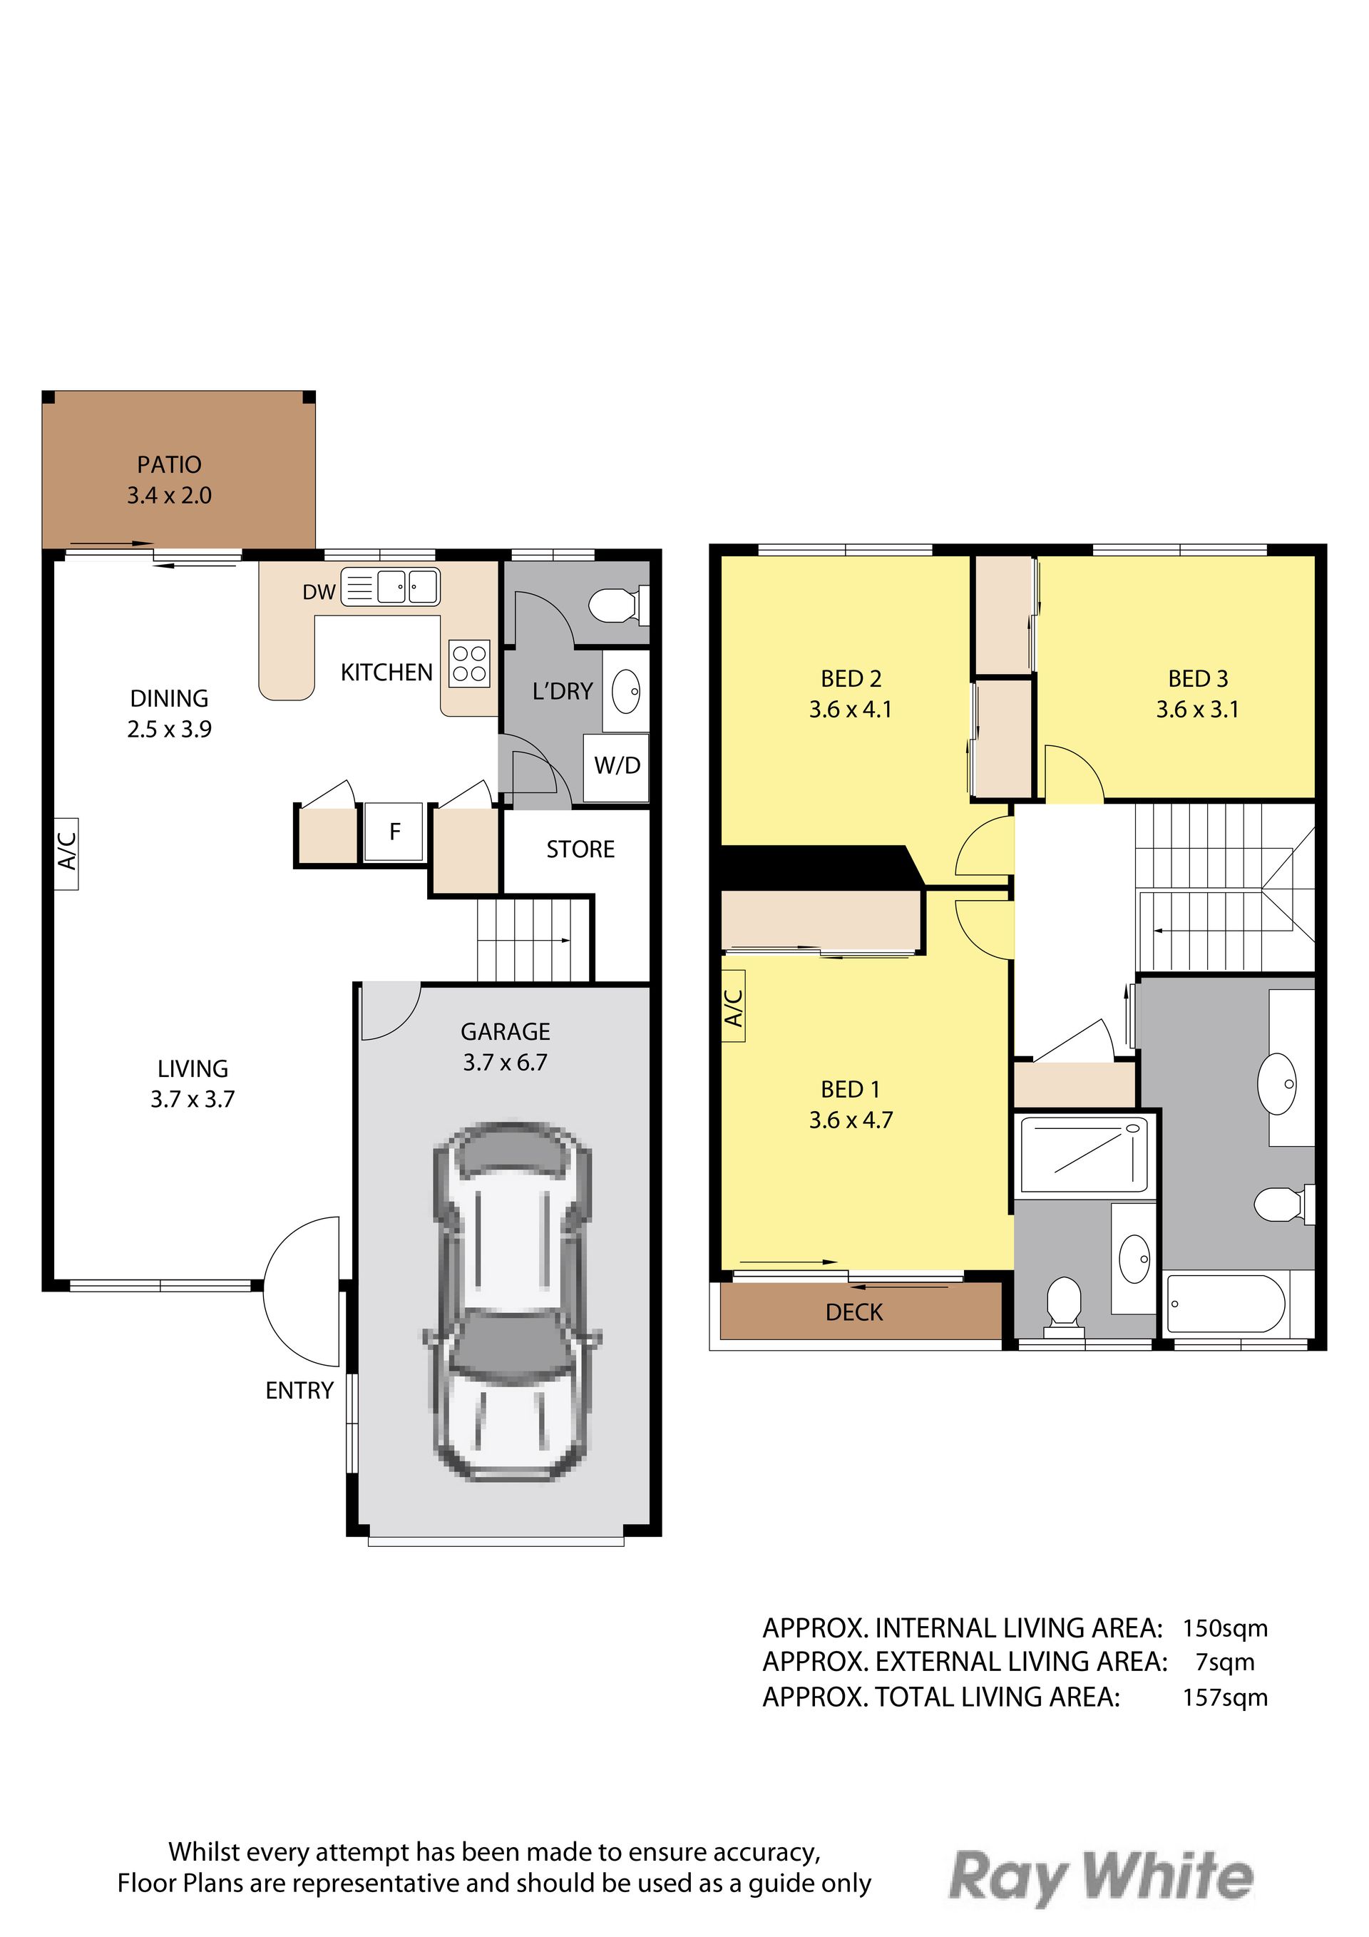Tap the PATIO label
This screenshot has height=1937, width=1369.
click(170, 465)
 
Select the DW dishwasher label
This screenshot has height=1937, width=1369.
click(319, 592)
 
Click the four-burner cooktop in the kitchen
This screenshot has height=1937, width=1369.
click(470, 663)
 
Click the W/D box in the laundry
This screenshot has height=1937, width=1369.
click(617, 767)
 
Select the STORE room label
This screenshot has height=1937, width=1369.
click(580, 849)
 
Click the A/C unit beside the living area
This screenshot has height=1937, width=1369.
click(66, 854)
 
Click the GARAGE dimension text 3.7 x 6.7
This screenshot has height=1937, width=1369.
click(506, 1062)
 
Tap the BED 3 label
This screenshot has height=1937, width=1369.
click(1198, 678)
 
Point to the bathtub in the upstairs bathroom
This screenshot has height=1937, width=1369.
click(1226, 1305)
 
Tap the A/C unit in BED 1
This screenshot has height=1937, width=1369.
click(734, 1006)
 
